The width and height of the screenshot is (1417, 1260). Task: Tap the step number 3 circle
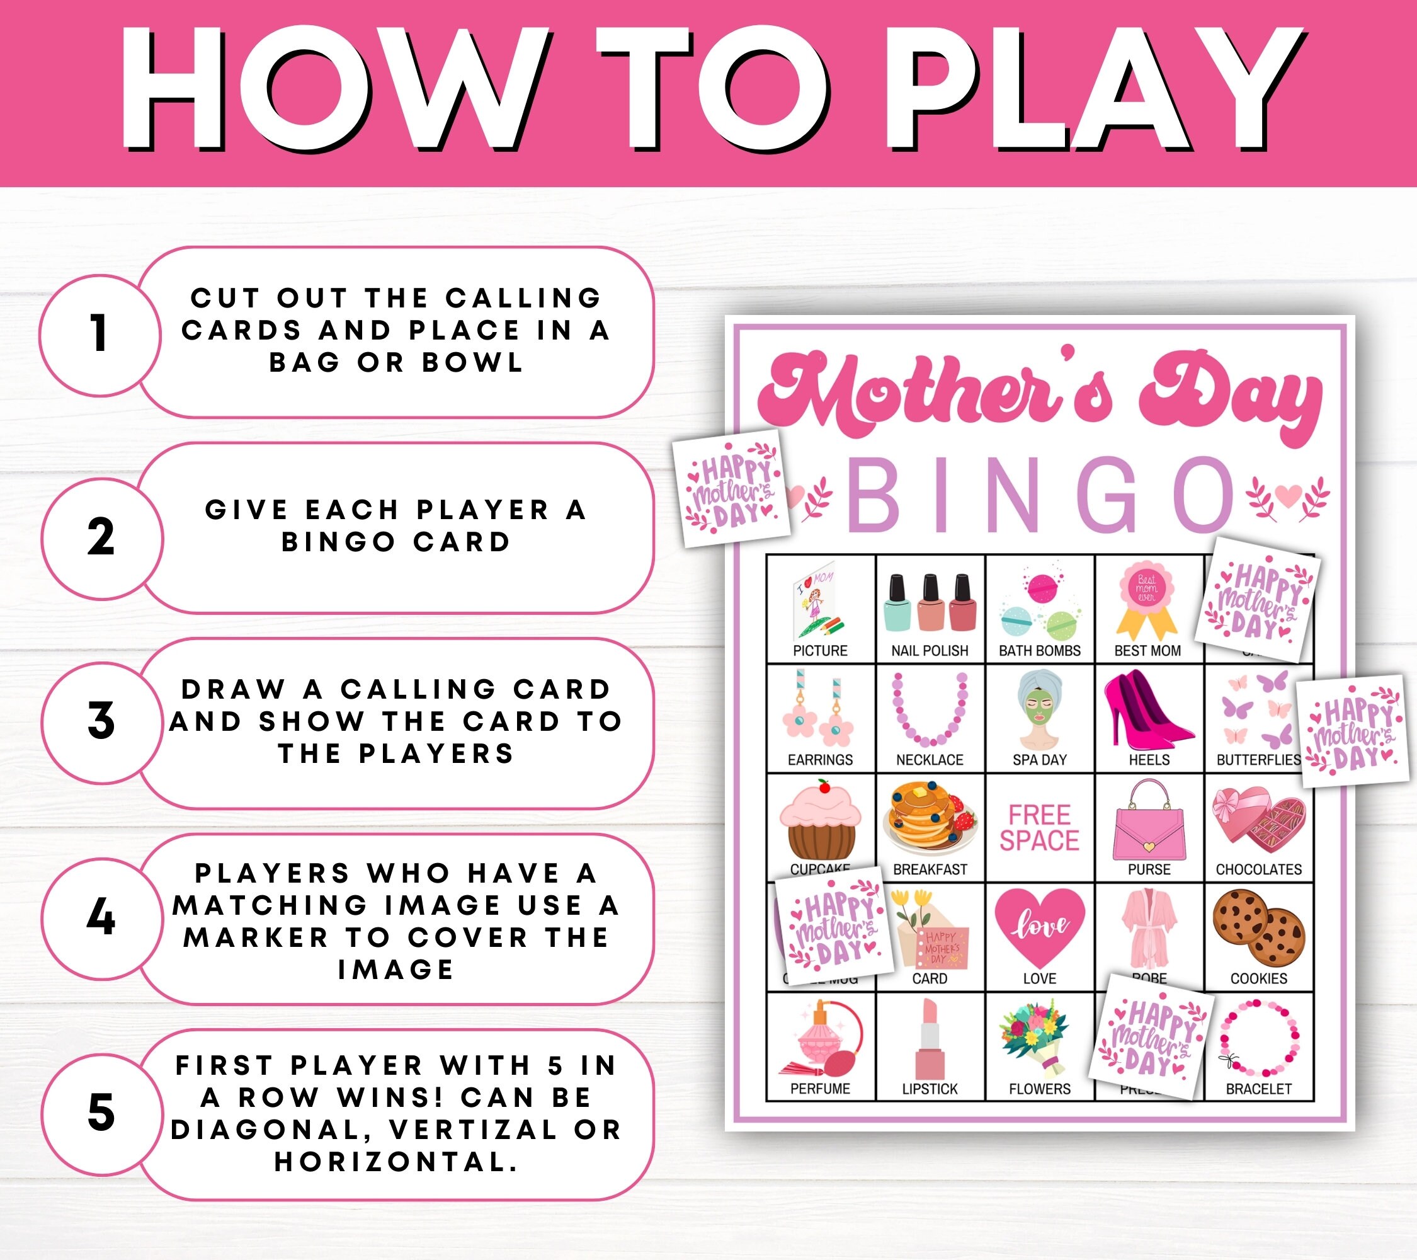[x=101, y=721]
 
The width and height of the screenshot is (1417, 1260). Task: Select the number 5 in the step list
[x=101, y=1113]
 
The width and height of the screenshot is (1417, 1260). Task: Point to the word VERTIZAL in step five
[x=473, y=1130]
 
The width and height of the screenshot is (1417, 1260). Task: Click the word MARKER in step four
[x=256, y=937]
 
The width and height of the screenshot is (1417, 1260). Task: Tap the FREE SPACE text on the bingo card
[x=1039, y=827]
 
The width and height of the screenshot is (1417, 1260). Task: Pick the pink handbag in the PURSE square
[x=1149, y=820]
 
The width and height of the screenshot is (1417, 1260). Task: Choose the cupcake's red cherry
[x=824, y=786]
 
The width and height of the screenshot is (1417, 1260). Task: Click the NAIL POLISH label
[x=930, y=650]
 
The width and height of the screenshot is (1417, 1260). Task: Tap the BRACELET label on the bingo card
[x=1258, y=1089]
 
